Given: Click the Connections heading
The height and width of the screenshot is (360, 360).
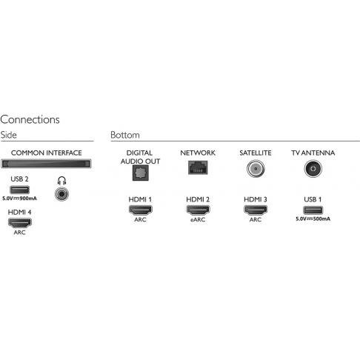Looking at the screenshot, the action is pyautogui.click(x=30, y=119).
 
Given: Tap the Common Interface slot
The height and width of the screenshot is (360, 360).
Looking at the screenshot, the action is pyautogui.click(x=46, y=164).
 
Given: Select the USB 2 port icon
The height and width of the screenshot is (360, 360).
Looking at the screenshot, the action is pyautogui.click(x=19, y=190).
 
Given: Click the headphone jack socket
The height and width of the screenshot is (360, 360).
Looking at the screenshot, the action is pyautogui.click(x=61, y=194).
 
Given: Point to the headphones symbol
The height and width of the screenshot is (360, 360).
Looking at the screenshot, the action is pyautogui.click(x=61, y=181).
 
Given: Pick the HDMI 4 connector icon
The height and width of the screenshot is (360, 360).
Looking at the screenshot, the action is pyautogui.click(x=20, y=223).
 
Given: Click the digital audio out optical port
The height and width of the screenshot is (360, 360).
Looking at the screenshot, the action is pyautogui.click(x=140, y=173).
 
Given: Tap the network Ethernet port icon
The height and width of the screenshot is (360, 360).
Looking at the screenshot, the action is pyautogui.click(x=198, y=167).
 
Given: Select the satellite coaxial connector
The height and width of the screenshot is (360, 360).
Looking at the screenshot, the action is pyautogui.click(x=256, y=169).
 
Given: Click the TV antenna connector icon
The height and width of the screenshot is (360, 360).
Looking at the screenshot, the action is pyautogui.click(x=313, y=169).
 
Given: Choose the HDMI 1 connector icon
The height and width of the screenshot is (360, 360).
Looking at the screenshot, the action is pyautogui.click(x=140, y=210).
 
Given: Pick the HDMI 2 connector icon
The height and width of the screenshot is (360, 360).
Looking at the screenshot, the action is pyautogui.click(x=198, y=210).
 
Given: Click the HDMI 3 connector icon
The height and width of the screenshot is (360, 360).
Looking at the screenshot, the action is pyautogui.click(x=256, y=210).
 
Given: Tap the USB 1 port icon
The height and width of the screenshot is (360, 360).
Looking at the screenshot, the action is pyautogui.click(x=313, y=210).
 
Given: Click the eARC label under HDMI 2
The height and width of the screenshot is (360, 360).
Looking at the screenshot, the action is pyautogui.click(x=198, y=219).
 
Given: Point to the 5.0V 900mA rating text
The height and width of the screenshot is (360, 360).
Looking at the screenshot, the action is pyautogui.click(x=19, y=199).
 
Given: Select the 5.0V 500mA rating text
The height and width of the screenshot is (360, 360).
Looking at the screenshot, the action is pyautogui.click(x=313, y=219).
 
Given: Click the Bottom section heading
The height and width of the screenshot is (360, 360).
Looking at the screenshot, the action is pyautogui.click(x=125, y=135).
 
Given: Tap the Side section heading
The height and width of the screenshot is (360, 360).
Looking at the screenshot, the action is pyautogui.click(x=9, y=135).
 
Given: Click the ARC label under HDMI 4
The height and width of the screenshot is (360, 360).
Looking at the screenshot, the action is pyautogui.click(x=20, y=233).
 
